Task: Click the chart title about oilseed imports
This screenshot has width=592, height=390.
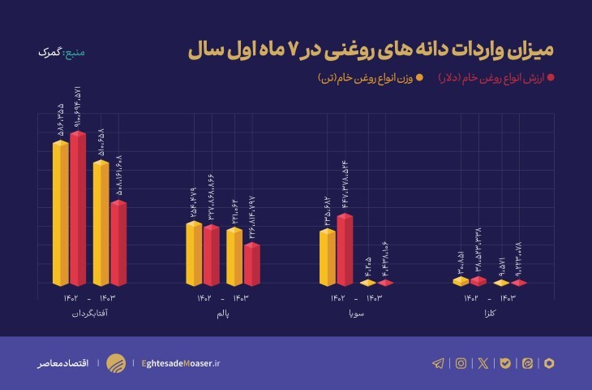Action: click(371, 50)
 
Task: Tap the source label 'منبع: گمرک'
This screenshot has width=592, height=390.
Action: click(61, 53)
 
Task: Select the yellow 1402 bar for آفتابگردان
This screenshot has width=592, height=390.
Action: click(60, 213)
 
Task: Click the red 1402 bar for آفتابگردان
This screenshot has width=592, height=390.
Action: click(78, 208)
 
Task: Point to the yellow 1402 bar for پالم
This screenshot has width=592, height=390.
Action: click(193, 253)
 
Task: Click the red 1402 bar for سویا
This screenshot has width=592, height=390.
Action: click(344, 249)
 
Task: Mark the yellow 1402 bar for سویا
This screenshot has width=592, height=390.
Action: click(327, 257)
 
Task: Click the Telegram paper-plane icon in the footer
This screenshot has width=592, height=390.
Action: click(439, 363)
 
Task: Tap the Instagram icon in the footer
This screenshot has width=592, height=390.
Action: click(461, 363)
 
